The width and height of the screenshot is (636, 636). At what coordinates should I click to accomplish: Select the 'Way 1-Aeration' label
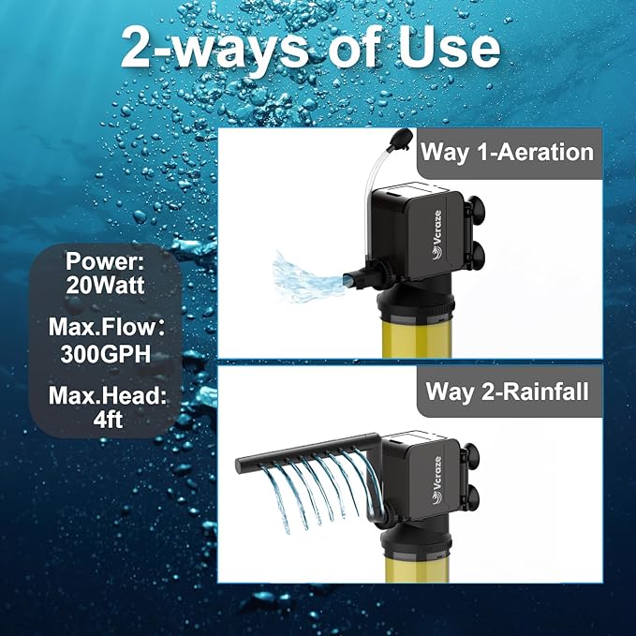507,152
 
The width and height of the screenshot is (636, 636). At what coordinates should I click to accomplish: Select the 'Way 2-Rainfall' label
507,392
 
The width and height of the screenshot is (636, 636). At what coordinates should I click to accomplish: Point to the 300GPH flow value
105,356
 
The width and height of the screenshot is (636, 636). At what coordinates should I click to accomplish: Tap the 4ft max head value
105,422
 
